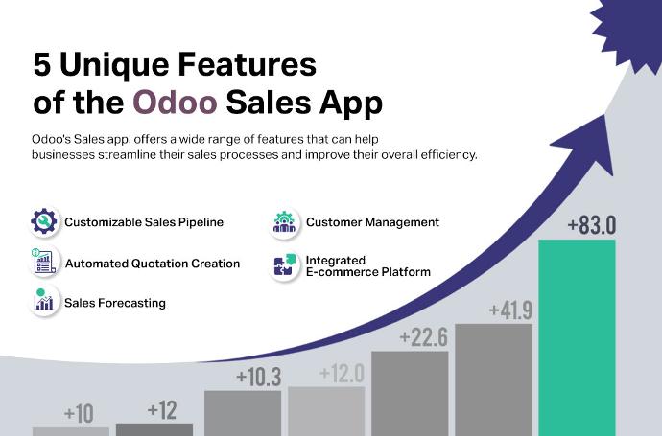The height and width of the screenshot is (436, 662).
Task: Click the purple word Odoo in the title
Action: tap(175, 103)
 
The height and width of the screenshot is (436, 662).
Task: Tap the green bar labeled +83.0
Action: tap(577, 337)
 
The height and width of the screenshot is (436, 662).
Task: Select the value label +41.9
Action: tap(510, 310)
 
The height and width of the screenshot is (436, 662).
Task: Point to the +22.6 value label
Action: tap(423, 337)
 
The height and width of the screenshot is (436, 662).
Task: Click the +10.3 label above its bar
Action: tap(258, 377)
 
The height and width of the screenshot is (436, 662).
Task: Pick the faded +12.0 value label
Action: tap(342, 373)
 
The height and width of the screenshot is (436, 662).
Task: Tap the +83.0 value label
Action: tap(592, 225)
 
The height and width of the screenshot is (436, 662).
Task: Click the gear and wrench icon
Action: tap(44, 221)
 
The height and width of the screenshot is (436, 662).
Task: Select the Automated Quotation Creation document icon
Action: tap(44, 262)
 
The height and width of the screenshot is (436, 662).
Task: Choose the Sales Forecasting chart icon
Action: tap(44, 300)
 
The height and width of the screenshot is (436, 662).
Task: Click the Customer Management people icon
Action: tap(284, 222)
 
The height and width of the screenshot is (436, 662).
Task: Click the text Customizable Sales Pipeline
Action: tap(144, 222)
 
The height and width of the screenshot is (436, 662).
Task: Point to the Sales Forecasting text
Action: tap(115, 303)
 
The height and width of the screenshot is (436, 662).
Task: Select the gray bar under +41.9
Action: tap(493, 379)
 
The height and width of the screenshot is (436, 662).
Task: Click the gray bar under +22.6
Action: tap(410, 394)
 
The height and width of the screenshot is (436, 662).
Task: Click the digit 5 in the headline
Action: tap(42, 65)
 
